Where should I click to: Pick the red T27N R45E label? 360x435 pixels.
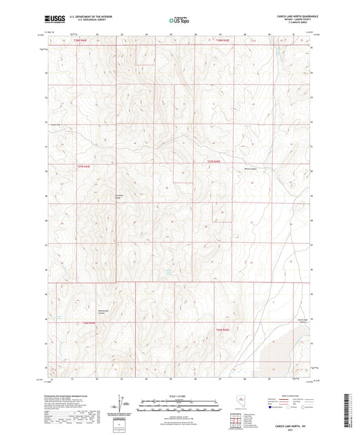click(214, 161)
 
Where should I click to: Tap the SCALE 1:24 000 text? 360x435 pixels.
click(180, 396)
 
